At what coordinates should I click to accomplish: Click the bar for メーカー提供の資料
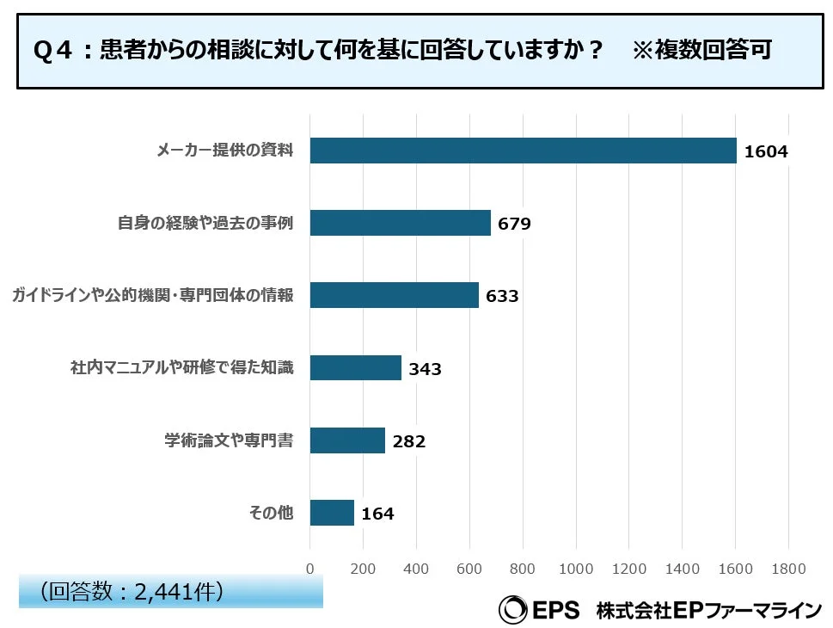point(523,151)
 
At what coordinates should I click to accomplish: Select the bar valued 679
point(400,224)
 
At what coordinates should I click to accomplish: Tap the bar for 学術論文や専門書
point(347,441)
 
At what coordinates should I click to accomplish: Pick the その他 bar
point(332,514)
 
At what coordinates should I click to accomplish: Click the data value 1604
point(766,152)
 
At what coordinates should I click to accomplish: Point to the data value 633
point(502,297)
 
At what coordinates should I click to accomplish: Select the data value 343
point(425,369)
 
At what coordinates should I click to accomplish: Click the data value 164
point(377,514)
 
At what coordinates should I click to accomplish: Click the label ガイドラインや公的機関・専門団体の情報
point(152,296)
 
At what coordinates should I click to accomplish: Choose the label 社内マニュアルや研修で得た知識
point(181,368)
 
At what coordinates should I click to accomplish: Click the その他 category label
point(271,514)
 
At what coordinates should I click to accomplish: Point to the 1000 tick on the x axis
point(575,569)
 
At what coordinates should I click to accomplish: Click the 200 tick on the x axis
point(363,569)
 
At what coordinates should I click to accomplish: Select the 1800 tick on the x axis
point(788,569)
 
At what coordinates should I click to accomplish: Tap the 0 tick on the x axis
point(310,569)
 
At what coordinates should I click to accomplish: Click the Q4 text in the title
point(52,51)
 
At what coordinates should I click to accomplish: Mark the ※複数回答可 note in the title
point(702,50)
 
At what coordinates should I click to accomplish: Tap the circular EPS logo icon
point(513,609)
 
